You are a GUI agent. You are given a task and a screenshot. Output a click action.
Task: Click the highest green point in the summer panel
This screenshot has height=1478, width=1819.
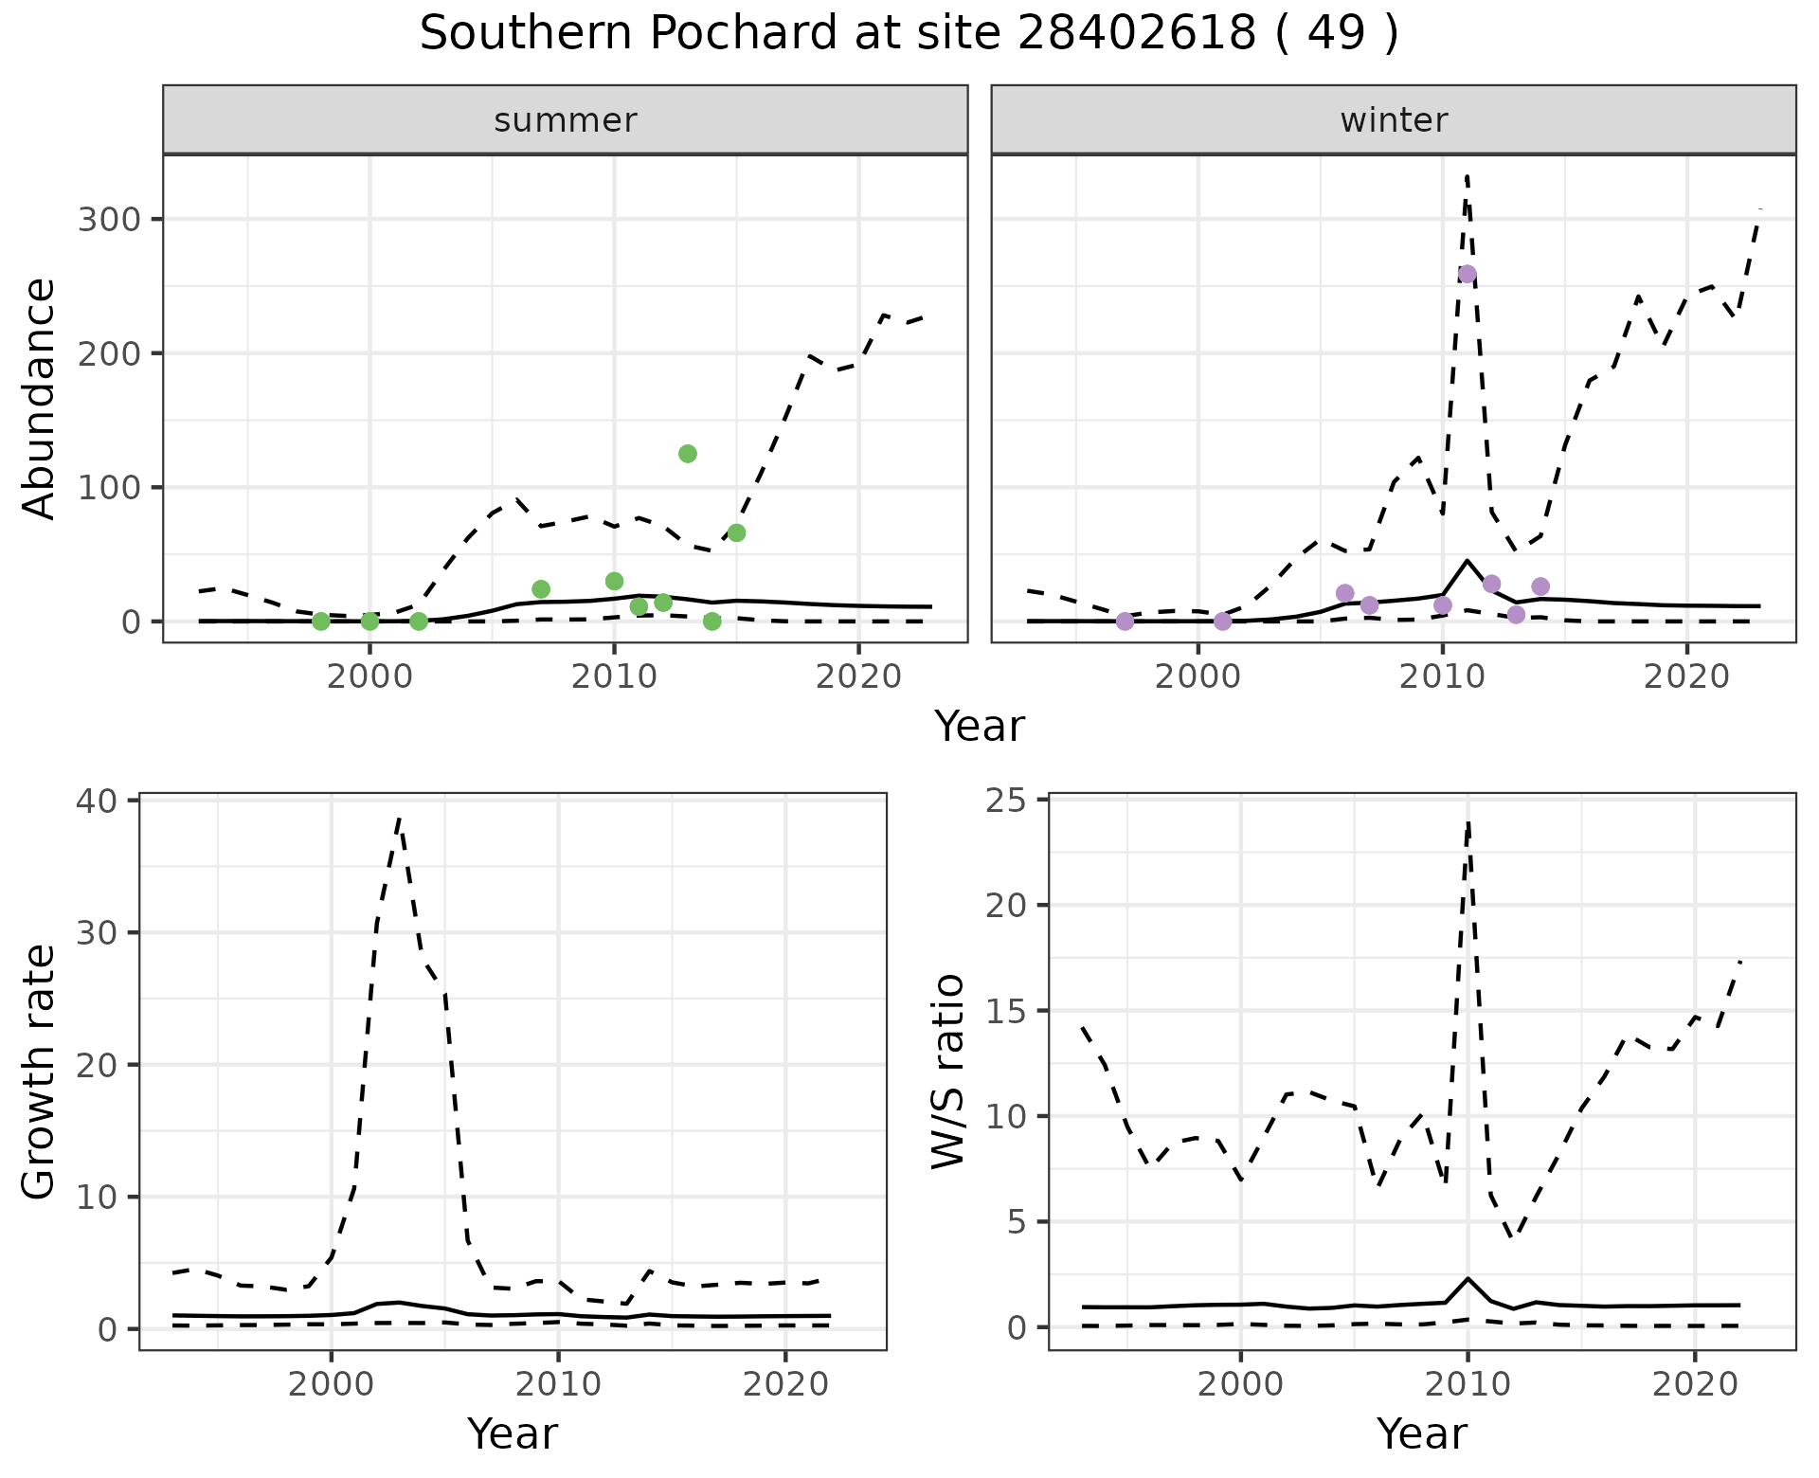pyautogui.click(x=688, y=454)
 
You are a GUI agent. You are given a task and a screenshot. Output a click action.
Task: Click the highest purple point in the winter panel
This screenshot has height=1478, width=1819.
pyautogui.click(x=1467, y=275)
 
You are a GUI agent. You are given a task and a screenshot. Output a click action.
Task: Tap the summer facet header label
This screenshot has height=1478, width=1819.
pyautogui.click(x=566, y=120)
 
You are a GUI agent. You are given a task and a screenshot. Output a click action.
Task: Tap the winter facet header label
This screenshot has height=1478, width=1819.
pyautogui.click(x=1394, y=120)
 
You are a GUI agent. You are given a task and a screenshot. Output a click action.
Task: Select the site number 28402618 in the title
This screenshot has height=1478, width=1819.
pyautogui.click(x=1137, y=34)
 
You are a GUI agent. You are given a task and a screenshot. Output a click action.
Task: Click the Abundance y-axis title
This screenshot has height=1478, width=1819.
pyautogui.click(x=40, y=398)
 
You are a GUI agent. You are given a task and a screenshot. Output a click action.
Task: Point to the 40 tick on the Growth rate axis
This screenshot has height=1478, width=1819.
pyautogui.click(x=93, y=801)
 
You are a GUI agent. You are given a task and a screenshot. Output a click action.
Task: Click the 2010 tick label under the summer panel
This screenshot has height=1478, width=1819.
pyautogui.click(x=614, y=677)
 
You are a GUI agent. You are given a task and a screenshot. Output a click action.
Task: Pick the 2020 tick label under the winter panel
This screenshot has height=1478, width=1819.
pyautogui.click(x=1686, y=677)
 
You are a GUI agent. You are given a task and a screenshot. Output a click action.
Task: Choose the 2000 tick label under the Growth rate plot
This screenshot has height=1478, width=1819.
pyautogui.click(x=331, y=1384)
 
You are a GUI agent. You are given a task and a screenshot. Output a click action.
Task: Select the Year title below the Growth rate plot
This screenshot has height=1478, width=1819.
pyautogui.click(x=513, y=1433)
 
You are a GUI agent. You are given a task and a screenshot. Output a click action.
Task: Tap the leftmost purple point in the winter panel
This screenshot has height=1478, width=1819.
pyautogui.click(x=1125, y=622)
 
